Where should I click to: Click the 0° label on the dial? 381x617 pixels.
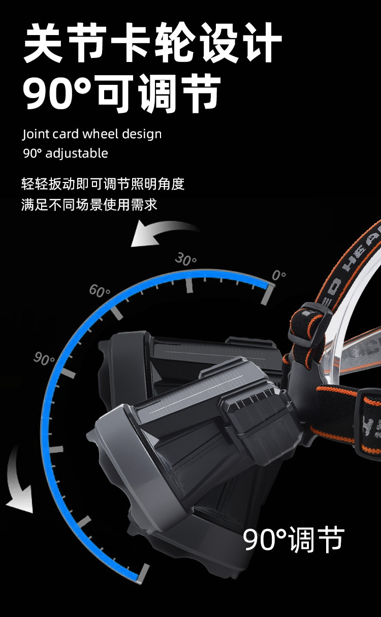(278, 275)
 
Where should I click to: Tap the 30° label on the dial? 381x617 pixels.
(185, 260)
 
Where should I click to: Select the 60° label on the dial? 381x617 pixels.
(100, 291)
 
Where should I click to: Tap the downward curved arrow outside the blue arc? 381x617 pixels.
(19, 481)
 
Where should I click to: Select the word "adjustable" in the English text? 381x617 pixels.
(77, 153)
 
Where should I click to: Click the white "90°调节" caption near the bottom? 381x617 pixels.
(294, 539)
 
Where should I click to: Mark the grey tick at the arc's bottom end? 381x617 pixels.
(144, 574)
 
